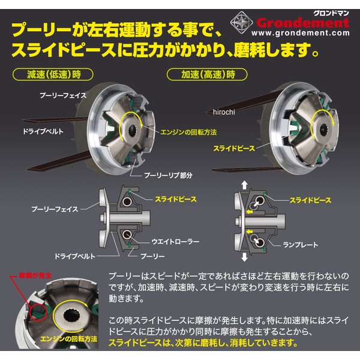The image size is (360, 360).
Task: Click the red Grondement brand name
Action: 303,23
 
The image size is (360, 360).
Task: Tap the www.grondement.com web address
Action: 301,33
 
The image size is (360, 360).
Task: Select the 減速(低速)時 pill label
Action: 53,74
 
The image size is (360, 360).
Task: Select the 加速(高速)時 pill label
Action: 207,74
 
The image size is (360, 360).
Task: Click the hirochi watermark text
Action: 224,112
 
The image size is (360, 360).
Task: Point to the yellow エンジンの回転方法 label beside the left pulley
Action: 188,132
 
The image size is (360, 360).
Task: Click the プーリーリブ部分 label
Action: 168,176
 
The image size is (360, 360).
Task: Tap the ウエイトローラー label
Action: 175,242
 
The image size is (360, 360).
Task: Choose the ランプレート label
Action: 301,245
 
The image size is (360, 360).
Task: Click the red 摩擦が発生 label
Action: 35,275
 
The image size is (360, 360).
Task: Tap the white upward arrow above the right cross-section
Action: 245,185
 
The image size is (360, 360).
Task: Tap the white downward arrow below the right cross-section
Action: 245,257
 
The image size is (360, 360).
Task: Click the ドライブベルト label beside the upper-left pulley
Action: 43,131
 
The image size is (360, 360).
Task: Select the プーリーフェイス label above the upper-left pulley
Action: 63,95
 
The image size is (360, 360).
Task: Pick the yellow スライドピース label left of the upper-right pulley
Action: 234,149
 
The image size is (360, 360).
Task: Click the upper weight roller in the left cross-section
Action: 127,202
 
